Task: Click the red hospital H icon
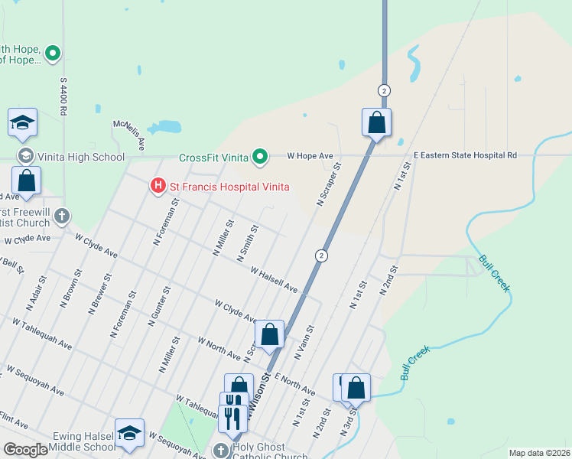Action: click(158, 185)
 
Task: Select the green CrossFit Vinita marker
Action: click(260, 158)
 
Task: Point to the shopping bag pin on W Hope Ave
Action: click(376, 122)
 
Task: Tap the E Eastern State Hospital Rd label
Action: click(465, 155)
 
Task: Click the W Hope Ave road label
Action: click(310, 155)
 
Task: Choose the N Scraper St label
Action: click(329, 184)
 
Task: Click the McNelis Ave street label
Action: click(128, 135)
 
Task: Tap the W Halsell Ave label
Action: click(274, 278)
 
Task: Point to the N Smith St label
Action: click(249, 241)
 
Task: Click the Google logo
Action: click(25, 450)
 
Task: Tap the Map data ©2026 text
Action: click(539, 453)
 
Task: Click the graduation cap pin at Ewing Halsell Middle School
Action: click(129, 432)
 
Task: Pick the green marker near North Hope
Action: click(53, 54)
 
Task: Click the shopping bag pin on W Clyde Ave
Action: click(269, 334)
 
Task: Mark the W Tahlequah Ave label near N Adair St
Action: click(43, 334)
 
